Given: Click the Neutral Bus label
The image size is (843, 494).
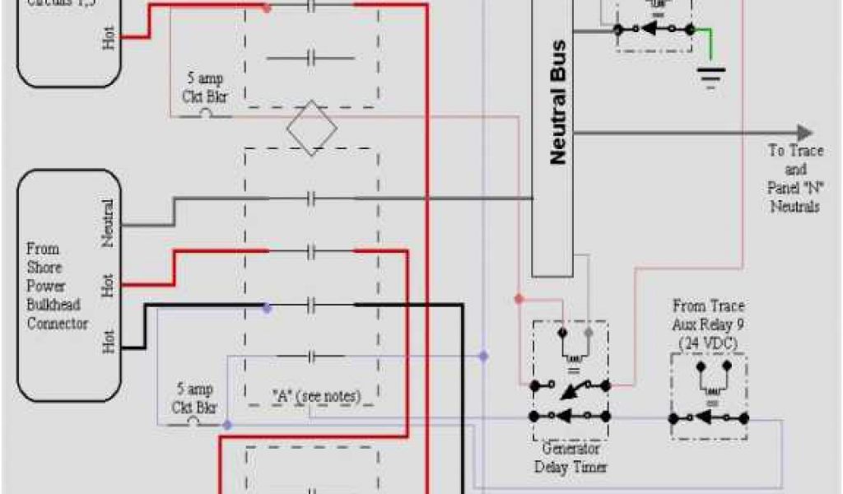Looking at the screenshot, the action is (557, 102).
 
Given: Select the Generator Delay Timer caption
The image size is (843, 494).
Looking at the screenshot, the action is (571, 458).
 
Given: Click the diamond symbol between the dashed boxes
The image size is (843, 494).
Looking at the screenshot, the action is (311, 128).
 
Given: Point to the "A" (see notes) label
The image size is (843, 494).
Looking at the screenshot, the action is (316, 396).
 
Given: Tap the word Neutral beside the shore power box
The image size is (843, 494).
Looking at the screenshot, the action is (108, 223).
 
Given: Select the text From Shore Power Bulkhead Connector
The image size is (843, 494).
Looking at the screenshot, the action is (57, 286).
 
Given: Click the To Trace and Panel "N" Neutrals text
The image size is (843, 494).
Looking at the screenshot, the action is (794, 178).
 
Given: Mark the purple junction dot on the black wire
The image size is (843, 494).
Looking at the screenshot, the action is (266, 307).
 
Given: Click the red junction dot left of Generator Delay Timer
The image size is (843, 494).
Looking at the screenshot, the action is (519, 298).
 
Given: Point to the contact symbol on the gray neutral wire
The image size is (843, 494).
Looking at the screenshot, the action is (311, 198).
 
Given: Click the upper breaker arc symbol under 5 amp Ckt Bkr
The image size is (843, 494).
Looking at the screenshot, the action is (205, 114).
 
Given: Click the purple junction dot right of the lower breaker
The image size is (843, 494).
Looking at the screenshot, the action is (227, 425).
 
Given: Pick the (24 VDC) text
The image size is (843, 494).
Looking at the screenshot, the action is (708, 341).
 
